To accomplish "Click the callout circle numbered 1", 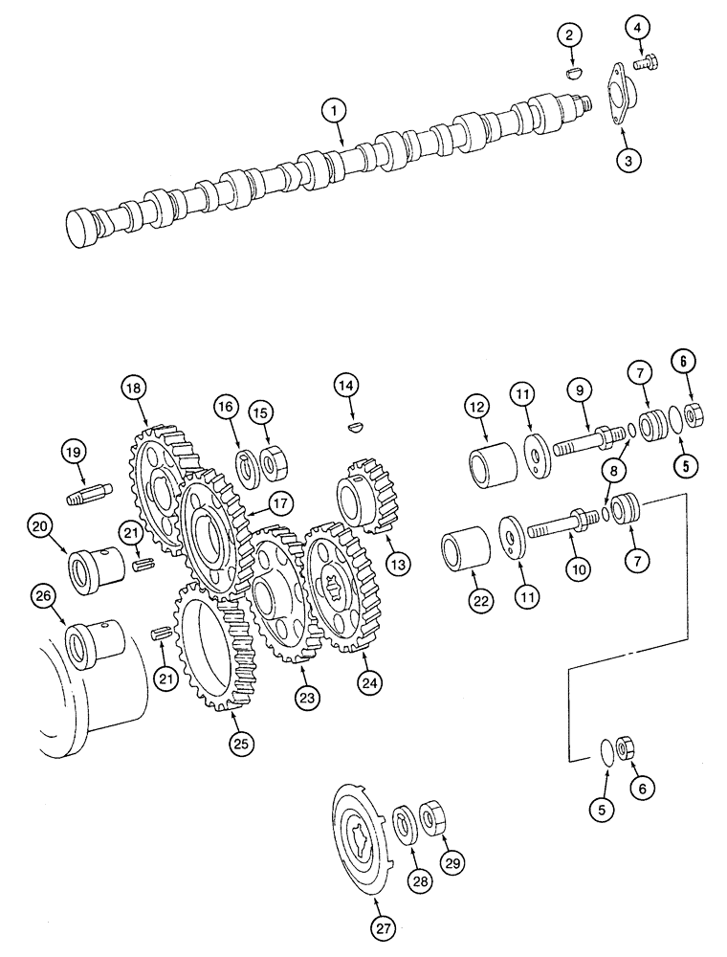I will click(x=334, y=113).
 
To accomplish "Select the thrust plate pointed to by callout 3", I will click(x=614, y=95).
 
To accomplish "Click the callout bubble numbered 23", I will click(x=307, y=699).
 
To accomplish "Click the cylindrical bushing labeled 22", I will click(x=465, y=555).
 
